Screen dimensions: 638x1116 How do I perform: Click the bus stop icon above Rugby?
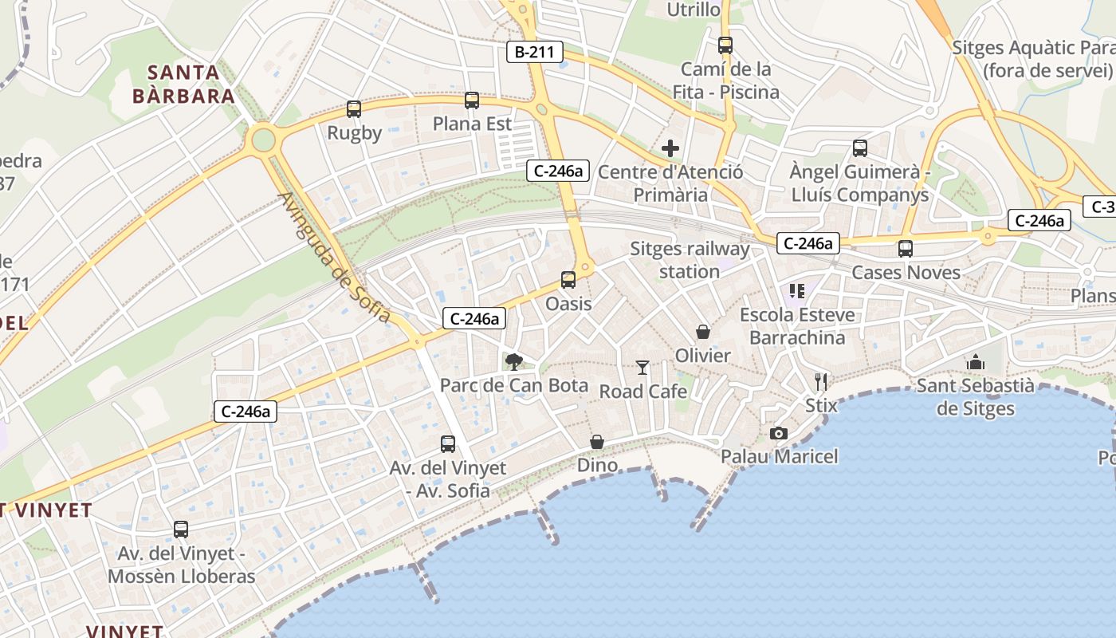point(354,109)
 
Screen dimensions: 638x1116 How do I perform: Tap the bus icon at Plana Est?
point(472,100)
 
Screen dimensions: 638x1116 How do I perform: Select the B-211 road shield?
point(535,53)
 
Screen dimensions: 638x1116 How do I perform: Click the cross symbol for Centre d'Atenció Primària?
point(670,148)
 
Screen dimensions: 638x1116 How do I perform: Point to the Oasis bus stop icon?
point(568,280)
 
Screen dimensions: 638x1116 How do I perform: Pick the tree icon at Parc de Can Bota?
point(514,362)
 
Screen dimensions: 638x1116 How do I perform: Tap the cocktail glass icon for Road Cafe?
point(642,368)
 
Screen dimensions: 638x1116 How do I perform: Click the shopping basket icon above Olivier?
point(703,332)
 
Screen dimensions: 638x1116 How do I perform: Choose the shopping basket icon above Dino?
point(597,442)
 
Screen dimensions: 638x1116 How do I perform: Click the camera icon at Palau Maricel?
point(779,433)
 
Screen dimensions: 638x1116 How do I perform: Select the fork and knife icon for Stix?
point(821,381)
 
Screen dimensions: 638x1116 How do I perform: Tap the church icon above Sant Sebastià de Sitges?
point(976,363)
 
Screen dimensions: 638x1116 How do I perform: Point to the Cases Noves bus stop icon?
point(906,249)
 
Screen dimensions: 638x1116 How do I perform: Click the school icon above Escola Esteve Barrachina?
point(796,291)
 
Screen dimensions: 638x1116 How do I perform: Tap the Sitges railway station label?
point(690,260)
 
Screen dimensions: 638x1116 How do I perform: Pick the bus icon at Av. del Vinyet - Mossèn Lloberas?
point(181,530)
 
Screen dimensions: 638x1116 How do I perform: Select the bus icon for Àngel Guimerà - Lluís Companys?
point(860,148)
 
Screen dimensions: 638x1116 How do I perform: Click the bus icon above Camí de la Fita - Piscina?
point(725,45)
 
